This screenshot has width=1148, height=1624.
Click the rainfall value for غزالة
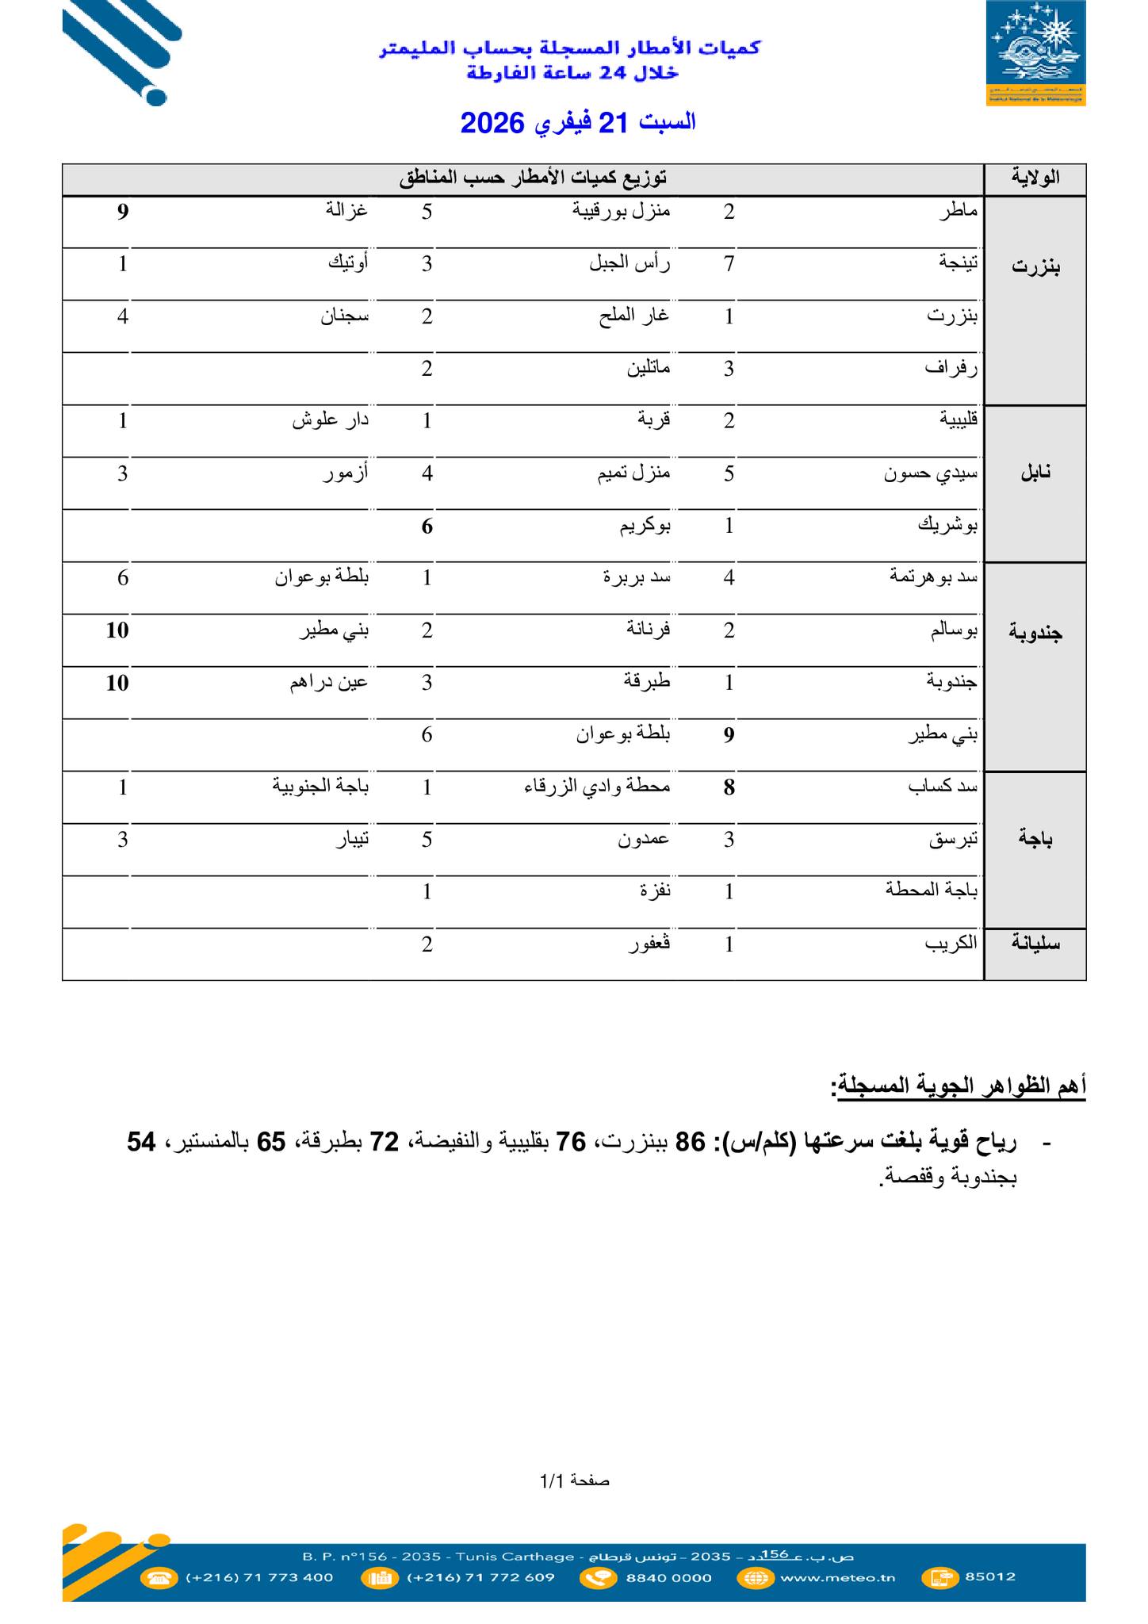(x=123, y=212)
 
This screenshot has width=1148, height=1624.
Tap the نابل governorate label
(x=1035, y=473)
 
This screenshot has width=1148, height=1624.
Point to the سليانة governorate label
(x=1035, y=944)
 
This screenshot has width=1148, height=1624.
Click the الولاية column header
(x=1035, y=178)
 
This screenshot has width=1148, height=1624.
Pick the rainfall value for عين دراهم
(x=117, y=683)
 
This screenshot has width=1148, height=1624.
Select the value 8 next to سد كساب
(x=729, y=787)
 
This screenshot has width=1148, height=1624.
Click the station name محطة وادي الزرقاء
(x=597, y=787)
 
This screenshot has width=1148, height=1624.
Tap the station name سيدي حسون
(x=931, y=474)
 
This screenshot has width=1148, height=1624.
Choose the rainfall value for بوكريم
(x=427, y=526)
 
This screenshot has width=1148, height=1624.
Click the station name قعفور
(x=649, y=944)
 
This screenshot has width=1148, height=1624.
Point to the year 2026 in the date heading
(x=492, y=123)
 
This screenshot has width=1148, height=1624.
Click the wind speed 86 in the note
(x=689, y=1143)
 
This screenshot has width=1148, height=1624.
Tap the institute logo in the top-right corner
(x=1035, y=54)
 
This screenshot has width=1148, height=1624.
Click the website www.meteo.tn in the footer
(x=837, y=1577)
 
